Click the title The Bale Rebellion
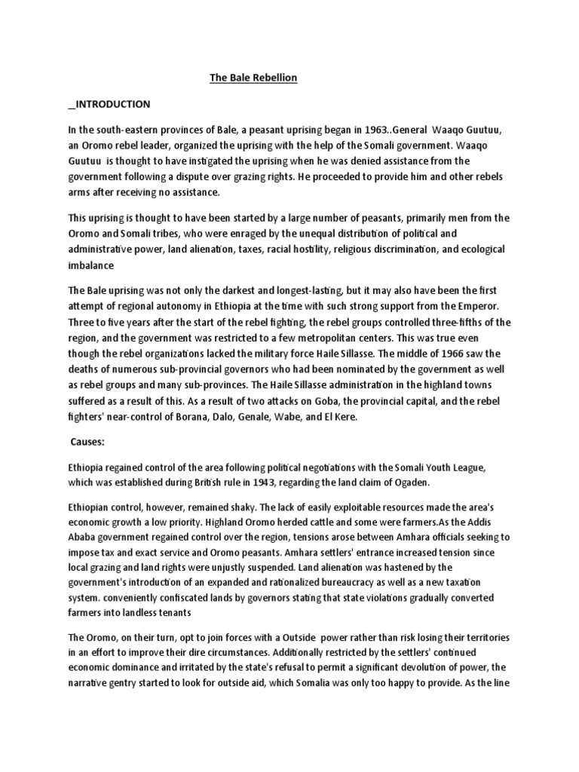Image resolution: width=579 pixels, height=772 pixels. (x=253, y=78)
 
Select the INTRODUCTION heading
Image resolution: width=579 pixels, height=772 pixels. (x=109, y=104)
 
